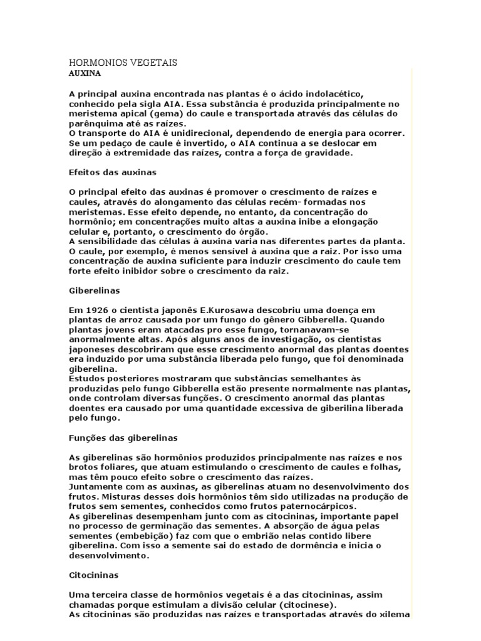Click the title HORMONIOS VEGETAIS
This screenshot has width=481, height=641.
click(x=122, y=63)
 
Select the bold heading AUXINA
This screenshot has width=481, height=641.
click(x=85, y=73)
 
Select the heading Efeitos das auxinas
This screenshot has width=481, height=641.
click(x=112, y=171)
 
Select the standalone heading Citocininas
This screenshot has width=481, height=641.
click(x=93, y=574)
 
